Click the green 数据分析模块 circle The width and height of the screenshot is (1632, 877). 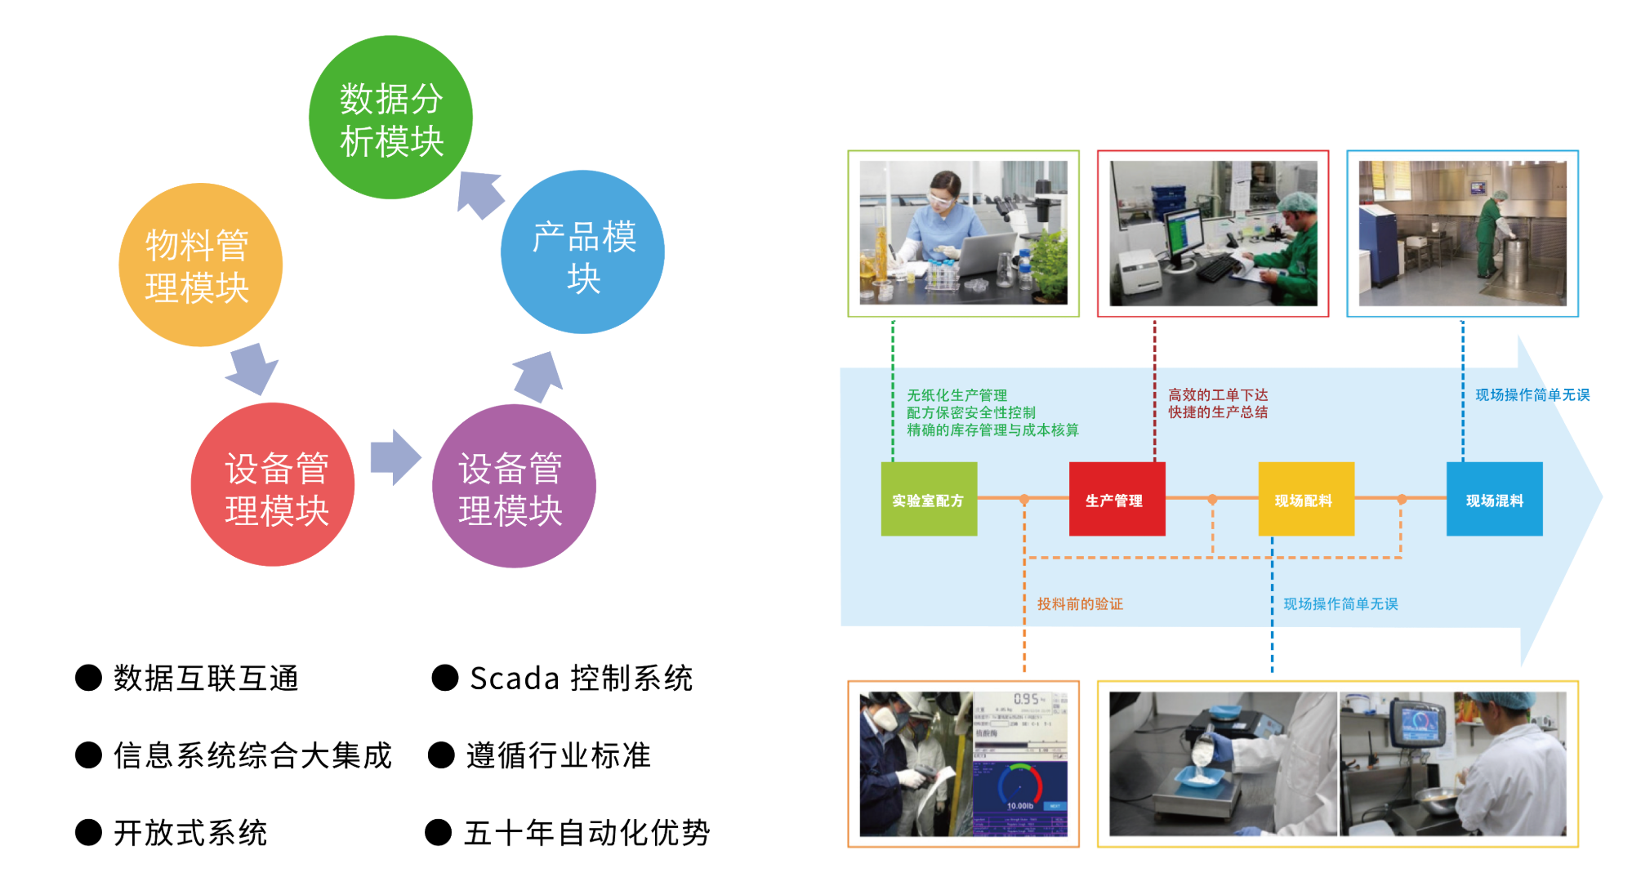[x=390, y=118]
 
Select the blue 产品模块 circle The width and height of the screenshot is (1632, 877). [x=582, y=252]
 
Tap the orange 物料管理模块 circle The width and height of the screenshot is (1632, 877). [x=200, y=265]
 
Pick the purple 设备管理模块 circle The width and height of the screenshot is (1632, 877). [x=514, y=487]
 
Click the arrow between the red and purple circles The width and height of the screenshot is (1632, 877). [x=395, y=457]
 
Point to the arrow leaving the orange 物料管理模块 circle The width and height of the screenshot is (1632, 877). [x=253, y=368]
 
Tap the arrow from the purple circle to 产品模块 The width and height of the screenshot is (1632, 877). [x=539, y=376]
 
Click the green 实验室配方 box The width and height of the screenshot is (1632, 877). [x=929, y=499]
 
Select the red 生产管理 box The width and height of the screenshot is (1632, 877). [x=1117, y=499]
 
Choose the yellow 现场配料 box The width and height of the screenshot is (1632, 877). [x=1305, y=499]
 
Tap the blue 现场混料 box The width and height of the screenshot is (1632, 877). [x=1494, y=499]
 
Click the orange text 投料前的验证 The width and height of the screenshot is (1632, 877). [x=1080, y=603]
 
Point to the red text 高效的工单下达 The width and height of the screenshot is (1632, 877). [x=1218, y=395]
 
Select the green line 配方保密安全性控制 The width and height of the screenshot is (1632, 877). [x=971, y=412]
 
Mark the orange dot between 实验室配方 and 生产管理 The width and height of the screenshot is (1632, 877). [x=1024, y=499]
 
